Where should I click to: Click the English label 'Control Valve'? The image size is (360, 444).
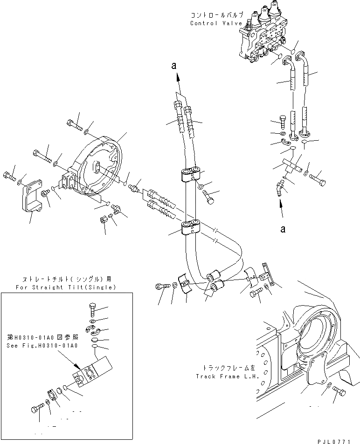coord(216,23)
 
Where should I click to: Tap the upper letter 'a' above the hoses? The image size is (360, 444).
coord(174,67)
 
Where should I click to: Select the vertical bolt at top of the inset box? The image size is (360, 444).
coord(92,309)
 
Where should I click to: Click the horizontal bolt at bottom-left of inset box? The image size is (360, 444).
coord(37,409)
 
